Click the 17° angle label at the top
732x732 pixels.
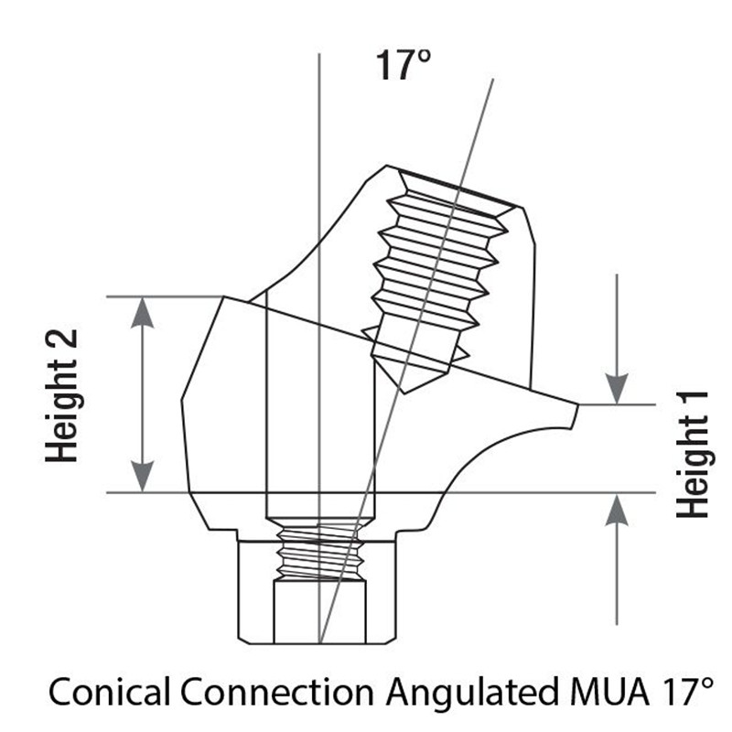pyautogui.click(x=404, y=65)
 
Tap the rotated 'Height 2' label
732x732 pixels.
pyautogui.click(x=61, y=396)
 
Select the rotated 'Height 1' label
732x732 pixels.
pyautogui.click(x=693, y=454)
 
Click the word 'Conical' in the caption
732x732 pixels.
pyautogui.click(x=110, y=692)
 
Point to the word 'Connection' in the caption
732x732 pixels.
pyautogui.click(x=277, y=692)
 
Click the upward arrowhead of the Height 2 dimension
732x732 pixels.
pyautogui.click(x=143, y=312)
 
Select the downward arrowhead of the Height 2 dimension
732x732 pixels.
pyautogui.click(x=143, y=477)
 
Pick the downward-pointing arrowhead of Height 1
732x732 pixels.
pyautogui.click(x=617, y=388)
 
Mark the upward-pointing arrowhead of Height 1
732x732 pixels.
pyautogui.click(x=617, y=509)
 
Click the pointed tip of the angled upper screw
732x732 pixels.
pyautogui.click(x=404, y=393)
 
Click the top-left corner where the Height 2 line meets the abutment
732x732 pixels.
pyautogui.click(x=224, y=296)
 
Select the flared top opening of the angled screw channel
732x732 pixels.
pyautogui.click(x=455, y=194)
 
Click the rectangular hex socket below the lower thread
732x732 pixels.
pyautogui.click(x=319, y=611)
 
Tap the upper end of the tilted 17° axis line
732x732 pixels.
pyautogui.click(x=493, y=80)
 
